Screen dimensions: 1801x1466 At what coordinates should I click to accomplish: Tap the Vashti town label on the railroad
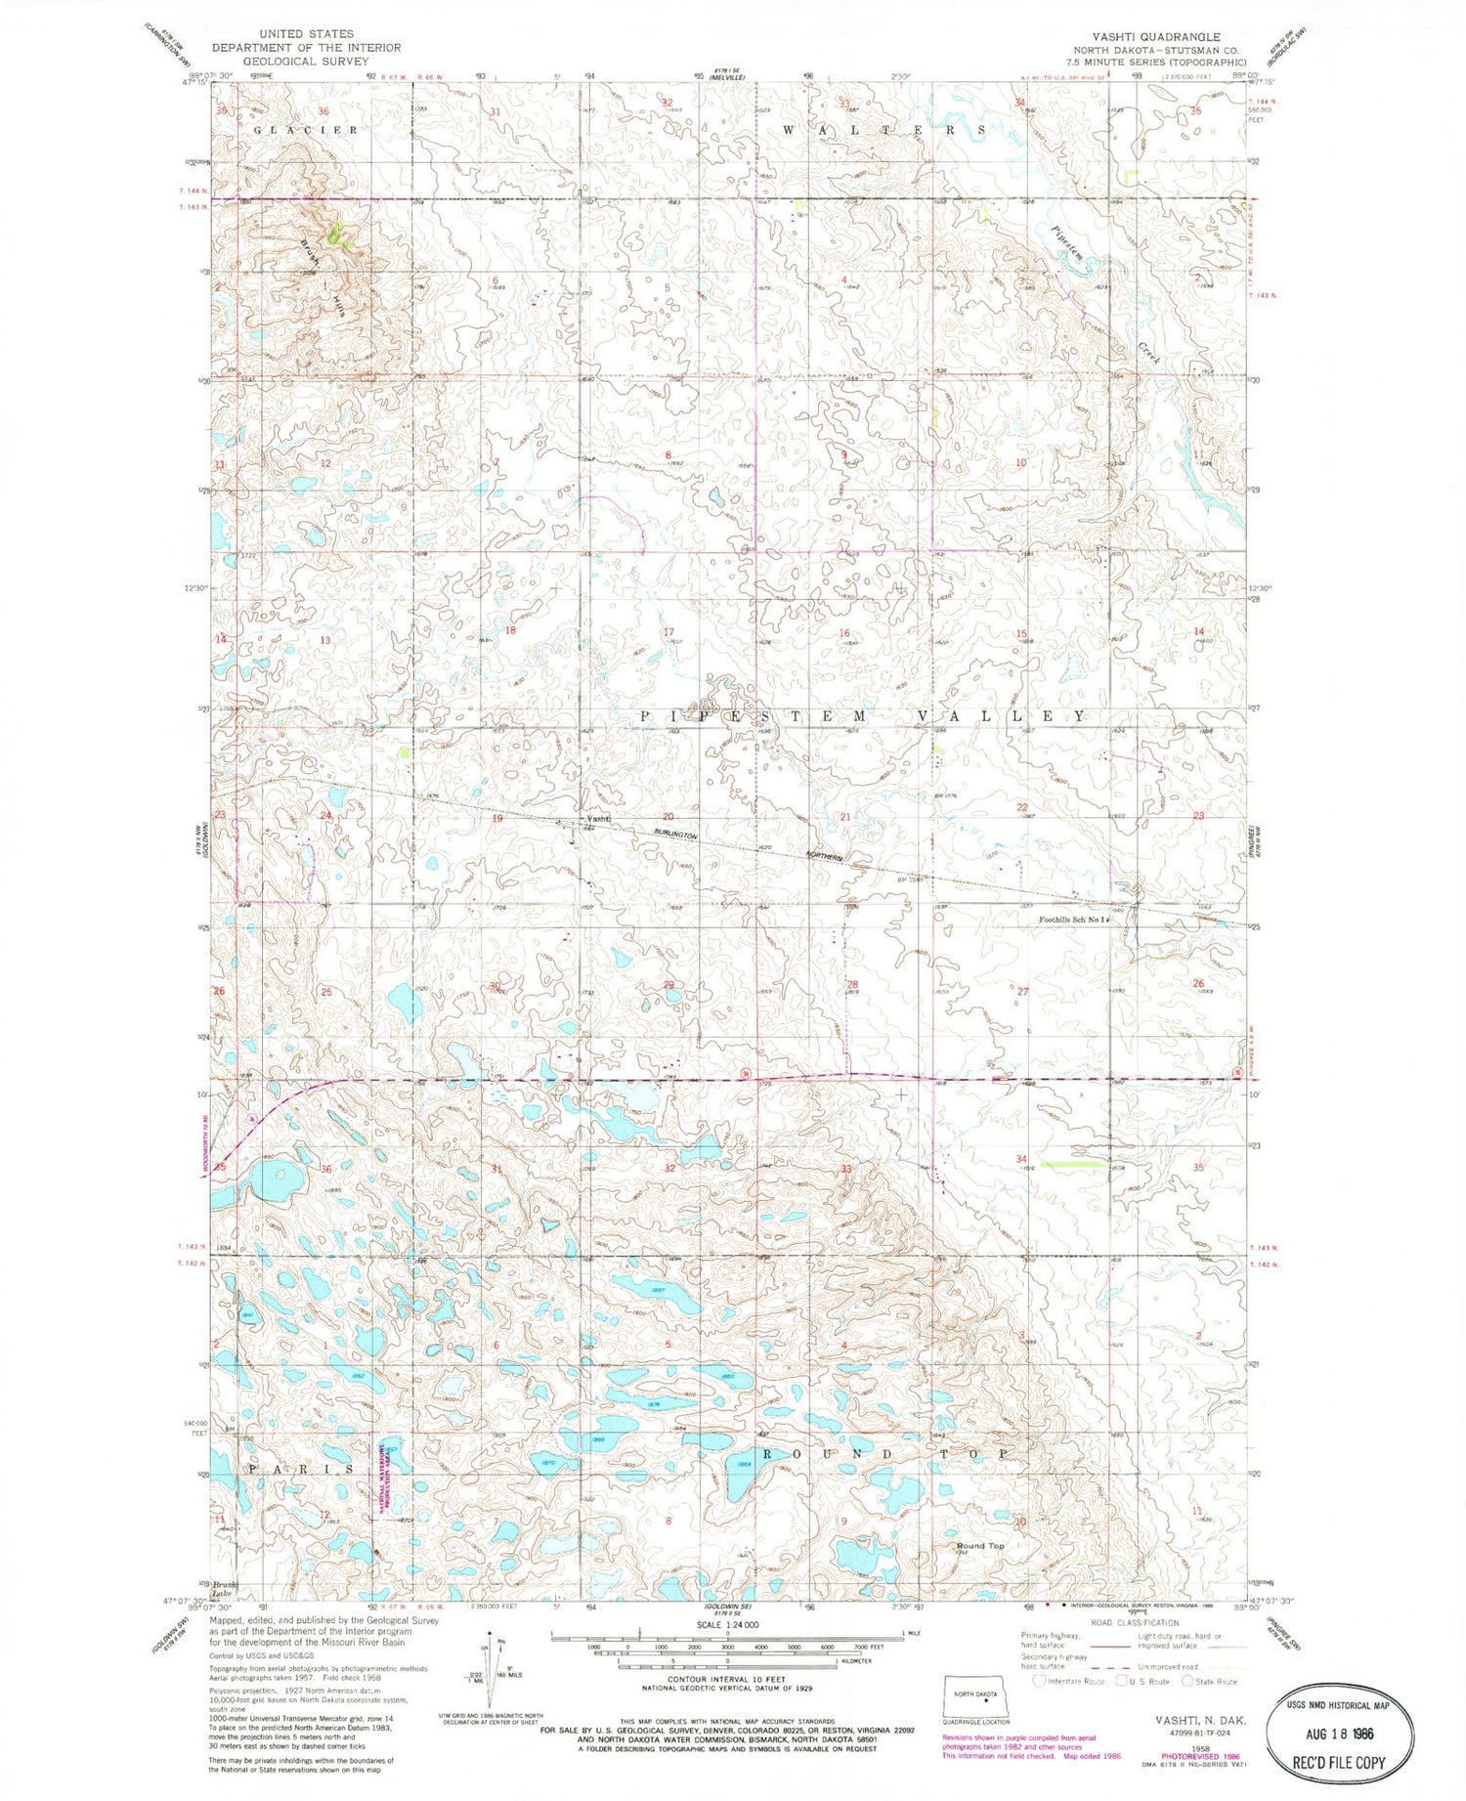click(596, 818)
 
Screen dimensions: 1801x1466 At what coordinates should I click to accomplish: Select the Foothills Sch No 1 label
click(1075, 920)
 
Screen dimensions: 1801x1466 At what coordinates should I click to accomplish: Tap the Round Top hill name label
click(980, 1546)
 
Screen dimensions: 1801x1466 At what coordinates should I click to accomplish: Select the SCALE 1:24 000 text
click(728, 1624)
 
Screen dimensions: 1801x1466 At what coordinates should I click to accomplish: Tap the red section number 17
click(669, 633)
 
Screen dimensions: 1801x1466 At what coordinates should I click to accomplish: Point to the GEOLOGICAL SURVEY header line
click(306, 61)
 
